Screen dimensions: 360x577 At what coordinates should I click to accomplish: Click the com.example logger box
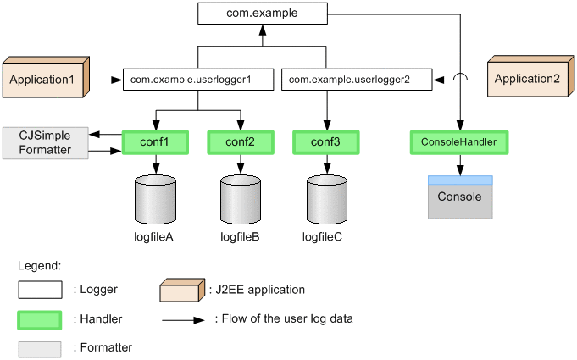(263, 14)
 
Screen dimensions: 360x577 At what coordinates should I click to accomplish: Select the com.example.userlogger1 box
(198, 80)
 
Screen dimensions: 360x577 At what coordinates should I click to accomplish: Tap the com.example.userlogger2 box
(356, 80)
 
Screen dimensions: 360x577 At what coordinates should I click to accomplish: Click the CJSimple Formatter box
(46, 142)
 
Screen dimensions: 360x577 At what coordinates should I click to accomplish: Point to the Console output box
(459, 197)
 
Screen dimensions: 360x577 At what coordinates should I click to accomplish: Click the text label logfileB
(240, 236)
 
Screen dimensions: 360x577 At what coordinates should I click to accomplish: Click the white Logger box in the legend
(40, 290)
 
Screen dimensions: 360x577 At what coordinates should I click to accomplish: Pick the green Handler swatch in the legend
(40, 319)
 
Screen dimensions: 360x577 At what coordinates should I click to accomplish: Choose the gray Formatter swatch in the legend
(40, 349)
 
